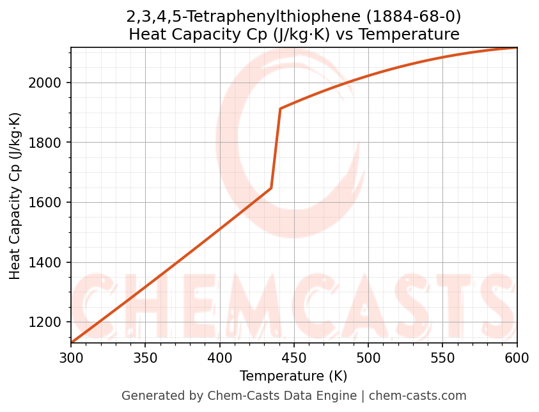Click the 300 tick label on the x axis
[x=71, y=358]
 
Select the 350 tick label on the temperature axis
[x=145, y=358]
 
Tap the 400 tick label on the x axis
[x=219, y=358]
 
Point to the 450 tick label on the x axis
[x=293, y=358]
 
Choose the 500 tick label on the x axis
[x=368, y=358]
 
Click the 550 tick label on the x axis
[x=442, y=358]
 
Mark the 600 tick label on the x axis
[x=517, y=358]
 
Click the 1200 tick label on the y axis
[x=49, y=322]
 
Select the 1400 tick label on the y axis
[x=49, y=262]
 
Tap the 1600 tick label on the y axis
[x=49, y=203]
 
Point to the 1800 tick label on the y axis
[x=49, y=143]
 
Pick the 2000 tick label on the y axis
[x=49, y=83]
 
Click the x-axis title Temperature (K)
[x=293, y=376]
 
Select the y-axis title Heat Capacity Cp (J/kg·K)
[x=15, y=196]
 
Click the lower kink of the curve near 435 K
[x=271, y=188]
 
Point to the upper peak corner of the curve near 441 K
[x=280, y=109]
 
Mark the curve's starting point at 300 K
[x=72, y=343]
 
